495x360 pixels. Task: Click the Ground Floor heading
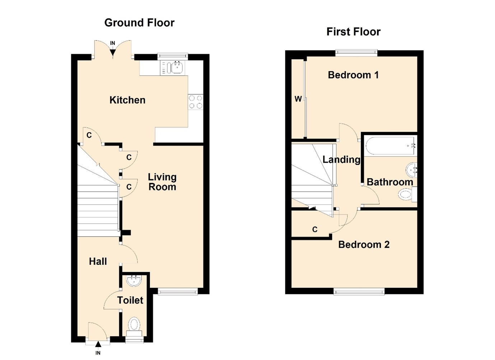[139, 23]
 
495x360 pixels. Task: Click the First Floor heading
[353, 32]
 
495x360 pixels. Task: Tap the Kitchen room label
[127, 100]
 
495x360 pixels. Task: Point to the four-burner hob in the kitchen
[196, 102]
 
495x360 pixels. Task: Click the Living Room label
[162, 182]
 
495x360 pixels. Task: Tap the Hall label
[98, 261]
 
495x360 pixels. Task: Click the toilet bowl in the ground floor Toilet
[134, 324]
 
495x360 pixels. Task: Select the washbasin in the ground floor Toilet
[134, 280]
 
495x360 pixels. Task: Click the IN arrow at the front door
[98, 346]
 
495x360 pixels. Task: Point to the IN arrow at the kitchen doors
[113, 52]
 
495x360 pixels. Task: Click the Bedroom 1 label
[353, 75]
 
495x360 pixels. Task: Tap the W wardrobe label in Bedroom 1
[298, 99]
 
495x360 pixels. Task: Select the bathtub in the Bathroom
[390, 146]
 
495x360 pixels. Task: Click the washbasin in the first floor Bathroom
[411, 169]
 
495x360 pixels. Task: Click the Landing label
[341, 160]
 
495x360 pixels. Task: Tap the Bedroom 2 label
[364, 245]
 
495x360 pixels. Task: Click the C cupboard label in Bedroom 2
[315, 229]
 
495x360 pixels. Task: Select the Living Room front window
[178, 291]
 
